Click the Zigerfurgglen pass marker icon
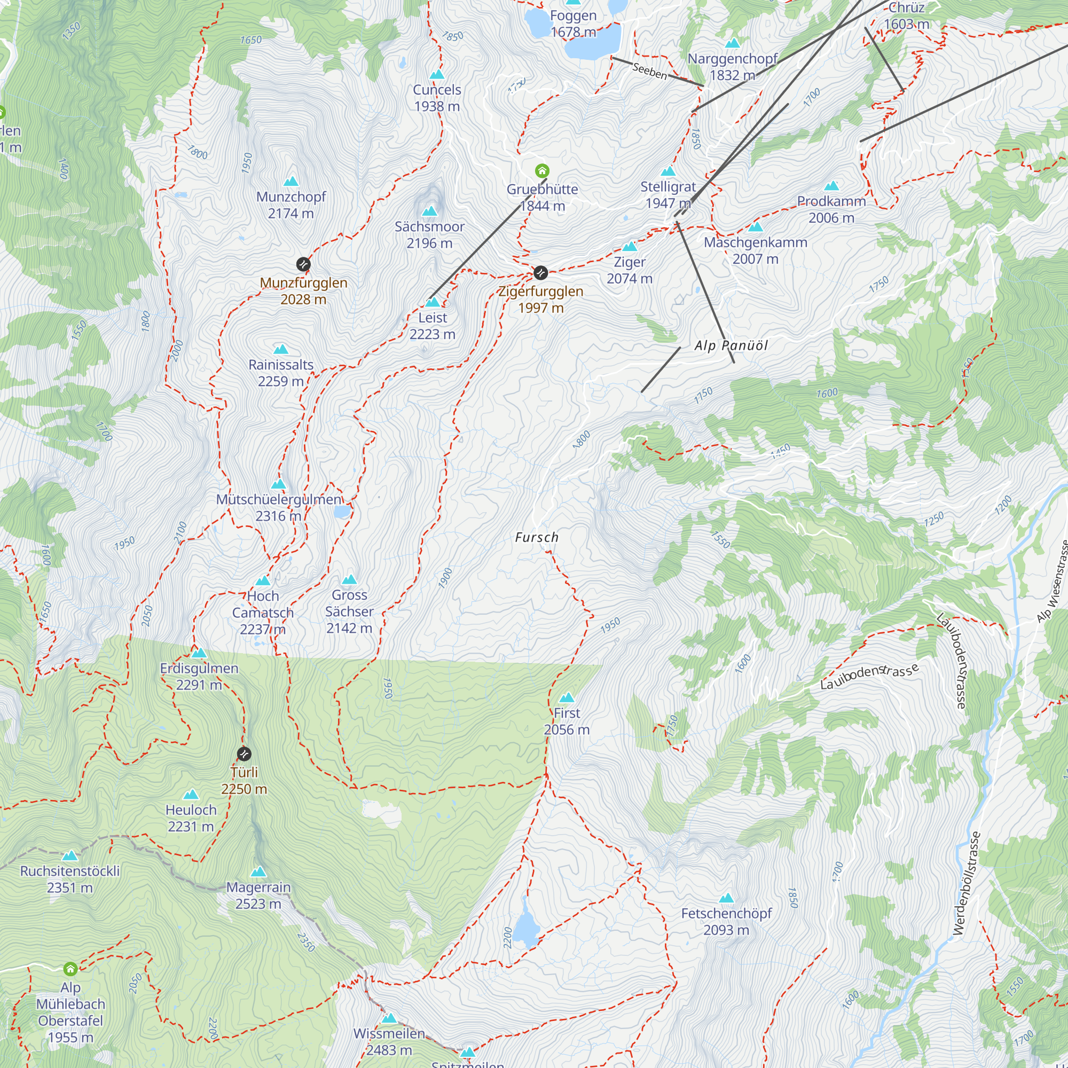540,272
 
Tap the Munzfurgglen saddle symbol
303,264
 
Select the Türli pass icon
244,753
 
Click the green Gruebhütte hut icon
543,170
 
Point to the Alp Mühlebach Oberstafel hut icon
70,969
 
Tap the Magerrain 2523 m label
258,895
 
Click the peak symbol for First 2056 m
567,697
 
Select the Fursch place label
536,537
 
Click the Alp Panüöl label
731,345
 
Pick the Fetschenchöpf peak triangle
726,898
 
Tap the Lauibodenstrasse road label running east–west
869,677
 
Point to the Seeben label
649,71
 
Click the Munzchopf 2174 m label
291,205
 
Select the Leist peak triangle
433,302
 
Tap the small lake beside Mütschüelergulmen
342,512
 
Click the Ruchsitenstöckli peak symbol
69,855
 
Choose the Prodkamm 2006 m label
831,209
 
